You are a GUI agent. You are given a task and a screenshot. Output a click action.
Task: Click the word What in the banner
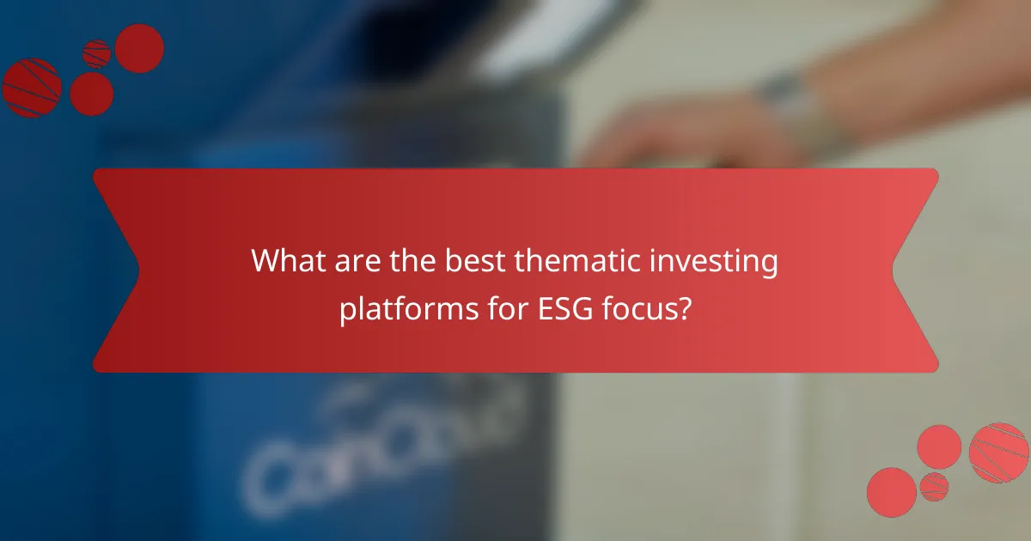pos(289,262)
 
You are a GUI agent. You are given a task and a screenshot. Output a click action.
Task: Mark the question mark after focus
pos(684,308)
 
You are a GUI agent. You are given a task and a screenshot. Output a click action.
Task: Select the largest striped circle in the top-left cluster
pos(31,88)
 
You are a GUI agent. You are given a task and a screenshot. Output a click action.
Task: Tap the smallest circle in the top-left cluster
pos(97,53)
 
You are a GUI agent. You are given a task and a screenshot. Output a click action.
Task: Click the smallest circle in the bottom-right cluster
pos(934,486)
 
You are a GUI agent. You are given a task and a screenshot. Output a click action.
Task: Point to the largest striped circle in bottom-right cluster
pos(998,453)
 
